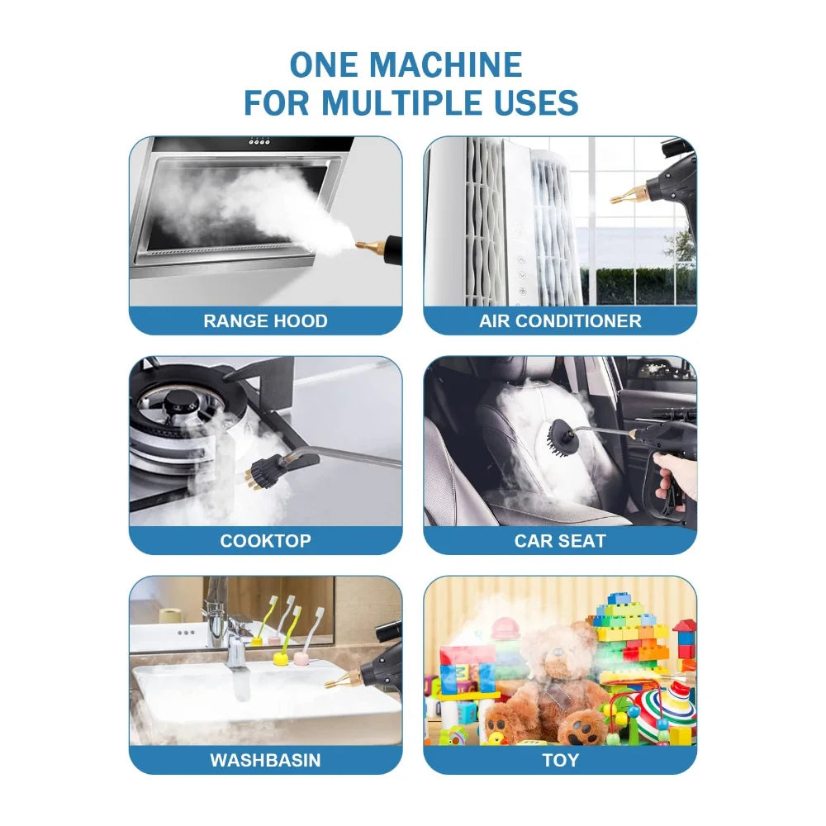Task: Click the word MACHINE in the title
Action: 445,64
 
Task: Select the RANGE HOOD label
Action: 265,320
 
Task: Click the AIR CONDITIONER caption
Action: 560,320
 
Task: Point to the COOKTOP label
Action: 265,540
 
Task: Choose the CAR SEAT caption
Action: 560,540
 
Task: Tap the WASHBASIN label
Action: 265,760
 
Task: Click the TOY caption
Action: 561,760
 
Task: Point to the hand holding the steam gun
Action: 674,477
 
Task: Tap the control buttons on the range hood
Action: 259,142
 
